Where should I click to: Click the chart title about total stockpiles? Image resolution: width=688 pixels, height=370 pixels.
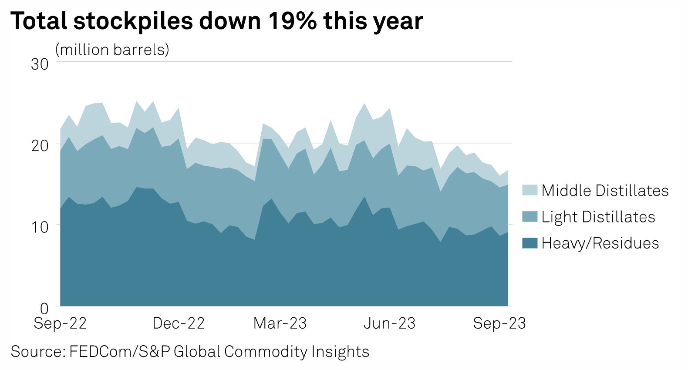216,21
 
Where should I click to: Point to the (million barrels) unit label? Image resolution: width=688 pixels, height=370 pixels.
112,50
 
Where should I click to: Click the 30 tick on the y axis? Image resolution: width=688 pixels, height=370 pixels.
40,64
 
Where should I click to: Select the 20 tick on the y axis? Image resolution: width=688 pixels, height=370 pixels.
40,145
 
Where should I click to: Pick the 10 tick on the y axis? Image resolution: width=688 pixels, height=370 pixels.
40,227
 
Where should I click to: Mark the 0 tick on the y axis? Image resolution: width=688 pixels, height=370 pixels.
44,309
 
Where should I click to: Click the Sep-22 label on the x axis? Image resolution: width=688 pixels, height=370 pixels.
60,323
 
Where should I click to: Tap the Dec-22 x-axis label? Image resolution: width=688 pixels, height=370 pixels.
179,323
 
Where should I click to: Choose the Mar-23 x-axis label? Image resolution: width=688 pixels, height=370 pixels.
280,323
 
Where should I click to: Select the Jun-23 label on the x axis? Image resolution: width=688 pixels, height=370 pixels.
389,323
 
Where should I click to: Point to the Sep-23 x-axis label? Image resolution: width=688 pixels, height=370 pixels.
499,323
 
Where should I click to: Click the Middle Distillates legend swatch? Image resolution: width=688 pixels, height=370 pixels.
529,190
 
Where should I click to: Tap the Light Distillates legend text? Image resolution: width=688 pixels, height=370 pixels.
598,217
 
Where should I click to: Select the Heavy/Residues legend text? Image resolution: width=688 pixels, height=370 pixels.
600,243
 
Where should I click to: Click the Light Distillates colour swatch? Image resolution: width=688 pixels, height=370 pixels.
529,217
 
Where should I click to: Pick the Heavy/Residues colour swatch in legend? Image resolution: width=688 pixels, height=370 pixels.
529,243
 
